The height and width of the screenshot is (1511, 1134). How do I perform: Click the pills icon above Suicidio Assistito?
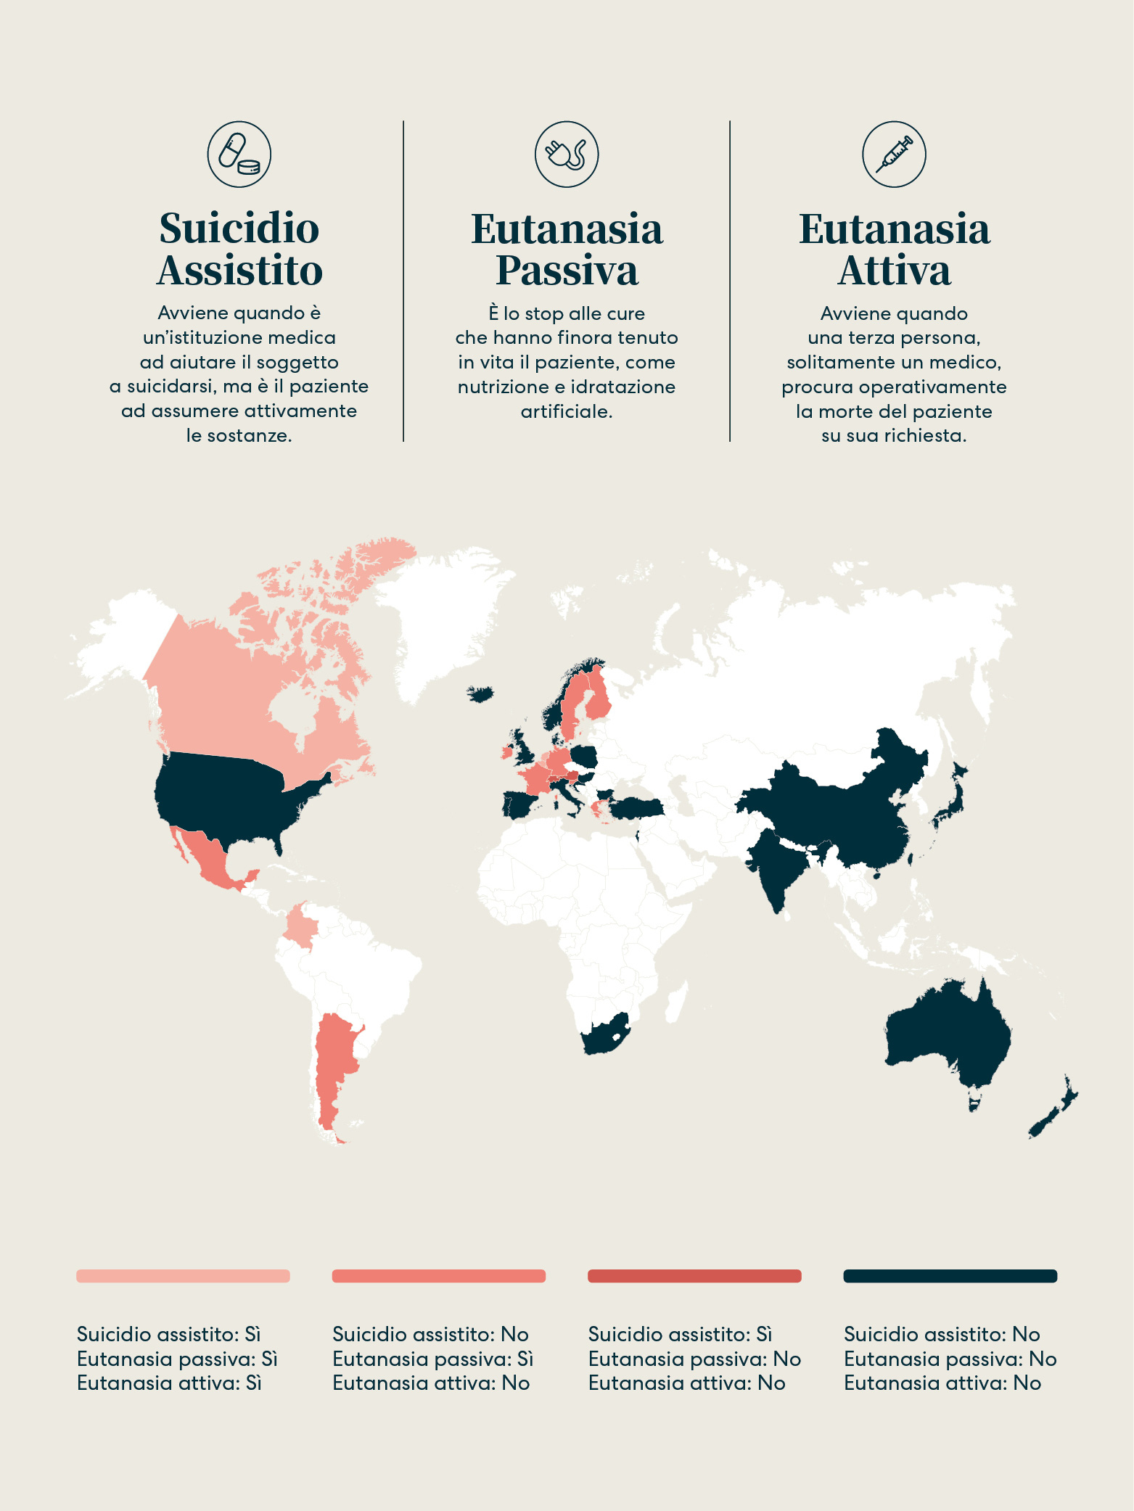pyautogui.click(x=239, y=155)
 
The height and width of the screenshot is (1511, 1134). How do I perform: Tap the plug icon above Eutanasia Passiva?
pyautogui.click(x=567, y=155)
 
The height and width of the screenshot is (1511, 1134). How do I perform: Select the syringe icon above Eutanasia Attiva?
pyautogui.click(x=894, y=155)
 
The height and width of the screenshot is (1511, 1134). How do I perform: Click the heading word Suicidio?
pyautogui.click(x=239, y=229)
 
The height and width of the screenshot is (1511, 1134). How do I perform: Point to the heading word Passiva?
pyautogui.click(x=567, y=271)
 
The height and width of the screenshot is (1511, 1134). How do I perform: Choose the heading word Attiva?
pyautogui.click(x=894, y=271)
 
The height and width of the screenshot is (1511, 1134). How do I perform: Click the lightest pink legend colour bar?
pyautogui.click(x=183, y=1276)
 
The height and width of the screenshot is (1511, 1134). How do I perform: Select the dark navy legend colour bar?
pyautogui.click(x=950, y=1276)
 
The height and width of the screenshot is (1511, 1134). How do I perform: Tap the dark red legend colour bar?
pyautogui.click(x=694, y=1276)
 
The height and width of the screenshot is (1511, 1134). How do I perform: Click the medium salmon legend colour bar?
pyautogui.click(x=438, y=1276)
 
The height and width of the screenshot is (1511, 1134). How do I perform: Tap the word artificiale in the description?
pyautogui.click(x=567, y=412)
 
